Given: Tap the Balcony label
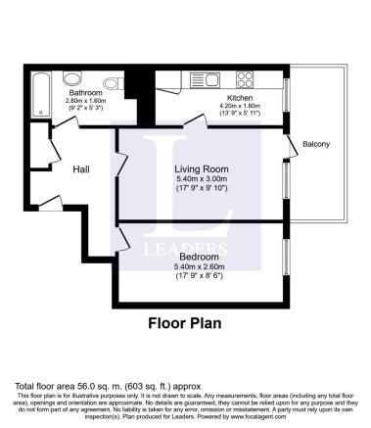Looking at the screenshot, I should pyautogui.click(x=318, y=146).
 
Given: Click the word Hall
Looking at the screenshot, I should pyautogui.click(x=82, y=168).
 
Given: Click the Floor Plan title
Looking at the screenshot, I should pyautogui.click(x=185, y=321).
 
